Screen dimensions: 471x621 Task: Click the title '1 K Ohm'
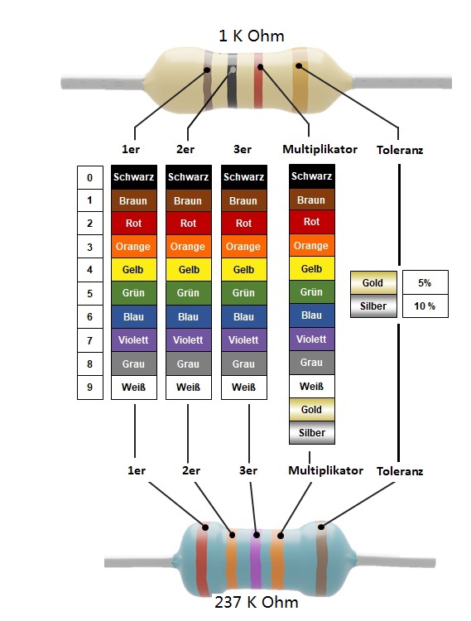pos(252,36)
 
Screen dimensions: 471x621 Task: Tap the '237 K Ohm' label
pos(256,603)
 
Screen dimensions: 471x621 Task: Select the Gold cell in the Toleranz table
pos(373,283)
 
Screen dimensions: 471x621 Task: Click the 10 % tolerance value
pos(425,306)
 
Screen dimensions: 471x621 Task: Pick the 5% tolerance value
pos(425,283)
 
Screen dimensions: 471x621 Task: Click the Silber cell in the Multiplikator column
pos(312,432)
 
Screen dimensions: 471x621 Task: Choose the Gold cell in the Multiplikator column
pos(312,410)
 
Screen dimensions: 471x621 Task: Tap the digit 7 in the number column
pos(90,340)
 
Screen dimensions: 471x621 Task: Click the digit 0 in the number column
pos(90,177)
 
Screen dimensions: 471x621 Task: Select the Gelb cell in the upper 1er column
pos(134,270)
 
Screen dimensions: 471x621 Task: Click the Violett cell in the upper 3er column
pos(244,339)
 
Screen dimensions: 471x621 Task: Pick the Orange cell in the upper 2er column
pos(189,247)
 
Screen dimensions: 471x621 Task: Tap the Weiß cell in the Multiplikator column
pos(312,386)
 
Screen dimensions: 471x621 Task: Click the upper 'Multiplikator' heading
pos(320,149)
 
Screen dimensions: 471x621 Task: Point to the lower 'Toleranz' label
pos(400,471)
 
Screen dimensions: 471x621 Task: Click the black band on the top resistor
pos(233,81)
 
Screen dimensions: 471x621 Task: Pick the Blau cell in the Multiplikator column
pos(312,315)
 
